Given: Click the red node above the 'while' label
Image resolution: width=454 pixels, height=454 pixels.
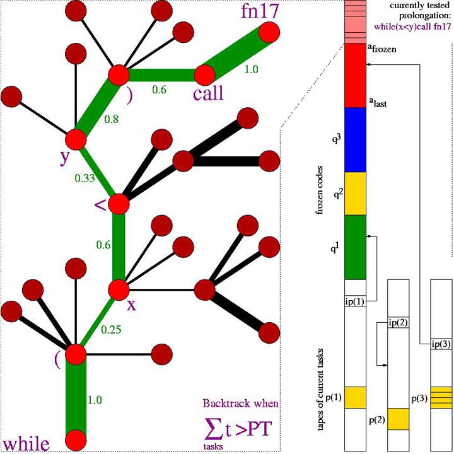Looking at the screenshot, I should point(76,439).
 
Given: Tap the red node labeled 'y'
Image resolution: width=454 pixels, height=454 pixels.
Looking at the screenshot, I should point(76,139).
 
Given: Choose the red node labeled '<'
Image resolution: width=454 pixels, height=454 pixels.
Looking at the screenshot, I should point(119,204).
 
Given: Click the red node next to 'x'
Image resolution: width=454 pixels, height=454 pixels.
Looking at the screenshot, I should point(119,289).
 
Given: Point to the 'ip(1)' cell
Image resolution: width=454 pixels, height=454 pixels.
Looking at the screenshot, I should point(355,301).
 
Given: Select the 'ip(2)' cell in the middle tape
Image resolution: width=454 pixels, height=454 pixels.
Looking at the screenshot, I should point(398,323).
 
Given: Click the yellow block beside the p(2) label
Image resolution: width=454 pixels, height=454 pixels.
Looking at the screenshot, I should point(398,419).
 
